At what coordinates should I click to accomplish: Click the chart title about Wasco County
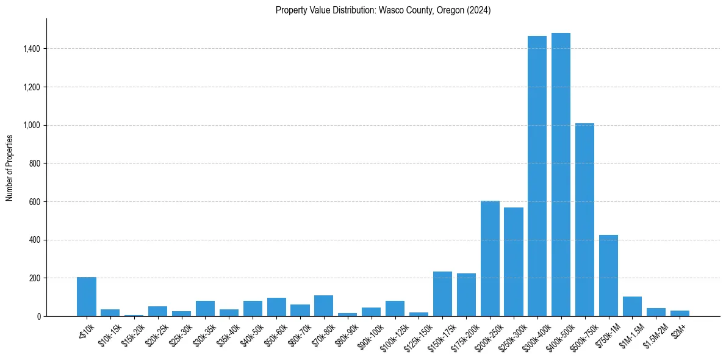tap(383, 10)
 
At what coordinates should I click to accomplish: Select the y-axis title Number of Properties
tap(10, 167)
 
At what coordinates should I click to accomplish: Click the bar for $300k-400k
tap(537, 176)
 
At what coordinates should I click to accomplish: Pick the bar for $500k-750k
tap(584, 220)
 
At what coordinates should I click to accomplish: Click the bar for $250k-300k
tap(514, 262)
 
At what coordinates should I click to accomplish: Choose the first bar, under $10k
tap(87, 297)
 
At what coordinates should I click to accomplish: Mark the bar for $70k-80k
tap(323, 306)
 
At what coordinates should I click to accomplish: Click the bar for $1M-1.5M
tap(632, 306)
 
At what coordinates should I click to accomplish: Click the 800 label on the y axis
tap(35, 164)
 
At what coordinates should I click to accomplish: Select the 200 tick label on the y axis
tap(35, 278)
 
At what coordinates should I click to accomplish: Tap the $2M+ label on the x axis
tap(678, 329)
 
